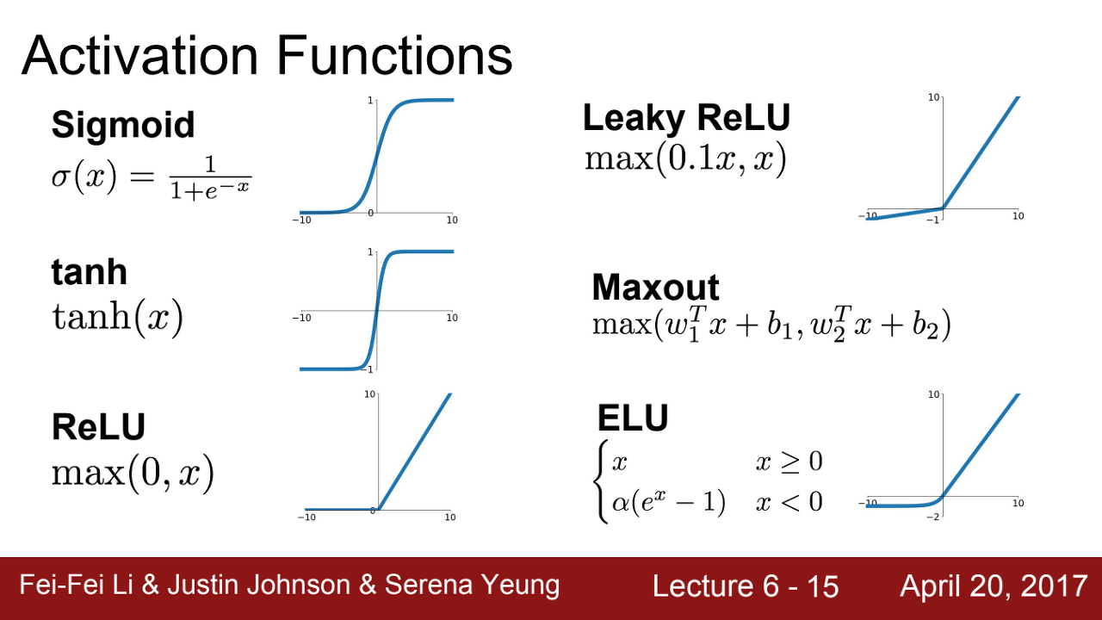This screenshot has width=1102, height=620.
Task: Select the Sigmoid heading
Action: [x=123, y=126]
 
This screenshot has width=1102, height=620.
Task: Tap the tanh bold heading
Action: [x=89, y=271]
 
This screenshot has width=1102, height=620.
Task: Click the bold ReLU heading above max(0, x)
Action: [x=98, y=426]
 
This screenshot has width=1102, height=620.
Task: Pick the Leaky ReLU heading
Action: [x=686, y=119]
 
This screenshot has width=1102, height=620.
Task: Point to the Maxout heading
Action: [x=655, y=288]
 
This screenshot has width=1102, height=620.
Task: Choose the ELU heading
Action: [x=633, y=418]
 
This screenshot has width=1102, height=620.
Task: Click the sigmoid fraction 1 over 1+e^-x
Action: [x=211, y=177]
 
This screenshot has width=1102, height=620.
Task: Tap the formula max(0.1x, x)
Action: [x=685, y=159]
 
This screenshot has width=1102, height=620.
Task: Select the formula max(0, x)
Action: [x=133, y=474]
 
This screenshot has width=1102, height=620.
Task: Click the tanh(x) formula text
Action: [x=117, y=319]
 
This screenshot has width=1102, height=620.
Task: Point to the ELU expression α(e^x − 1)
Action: [x=669, y=502]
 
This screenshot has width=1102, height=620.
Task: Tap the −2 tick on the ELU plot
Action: [x=932, y=517]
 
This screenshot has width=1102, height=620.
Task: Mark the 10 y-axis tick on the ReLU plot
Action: [x=369, y=394]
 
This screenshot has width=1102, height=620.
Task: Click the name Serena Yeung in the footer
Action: [x=472, y=586]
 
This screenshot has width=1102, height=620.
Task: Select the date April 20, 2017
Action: [x=994, y=586]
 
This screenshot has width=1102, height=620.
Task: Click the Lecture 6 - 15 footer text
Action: [x=746, y=586]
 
